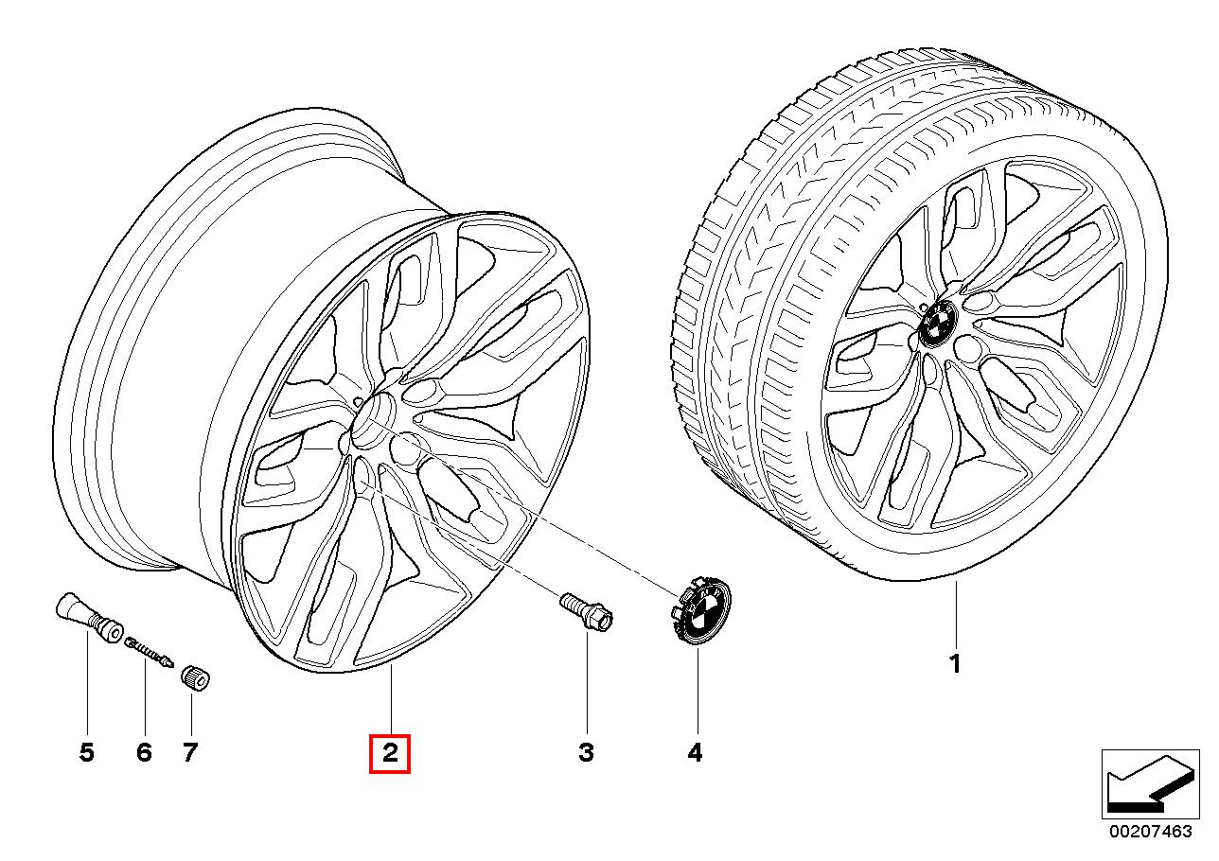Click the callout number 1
tap(955, 664)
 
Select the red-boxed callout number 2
tap(390, 753)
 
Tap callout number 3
tap(586, 753)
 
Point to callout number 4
tap(696, 753)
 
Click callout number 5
tap(86, 753)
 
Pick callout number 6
tap(144, 753)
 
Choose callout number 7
tap(190, 753)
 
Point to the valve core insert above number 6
tap(148, 652)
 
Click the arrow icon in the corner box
tap(1146, 783)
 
